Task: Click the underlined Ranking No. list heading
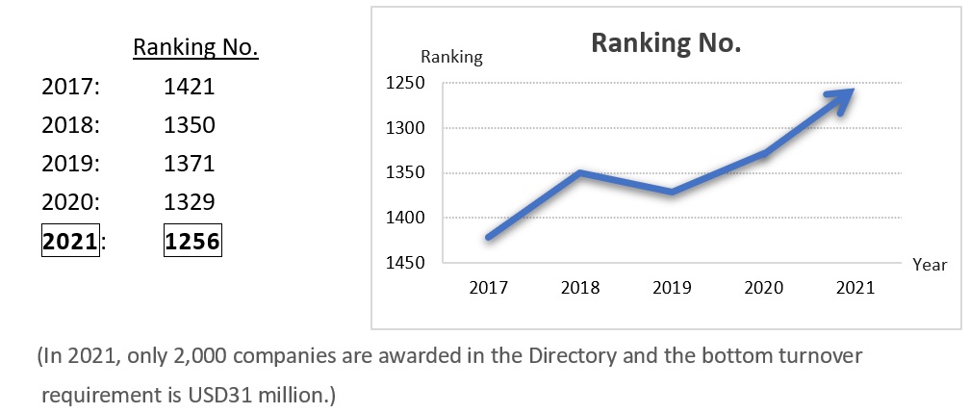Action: [196, 47]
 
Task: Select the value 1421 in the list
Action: [190, 87]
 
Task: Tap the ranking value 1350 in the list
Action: [190, 125]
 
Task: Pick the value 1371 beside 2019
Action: [190, 164]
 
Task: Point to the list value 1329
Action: [190, 202]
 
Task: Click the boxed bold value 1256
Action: [192, 242]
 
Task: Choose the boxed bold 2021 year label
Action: [70, 242]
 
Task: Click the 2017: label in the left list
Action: [72, 87]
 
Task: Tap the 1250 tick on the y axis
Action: [403, 84]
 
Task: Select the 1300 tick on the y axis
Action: [403, 128]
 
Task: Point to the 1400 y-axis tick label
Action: [403, 218]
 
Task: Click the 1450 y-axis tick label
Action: [403, 262]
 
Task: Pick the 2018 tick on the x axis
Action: [579, 288]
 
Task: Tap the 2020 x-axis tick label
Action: [763, 288]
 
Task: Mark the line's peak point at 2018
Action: [579, 173]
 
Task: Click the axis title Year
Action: [930, 264]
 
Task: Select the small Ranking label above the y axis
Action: [451, 58]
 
